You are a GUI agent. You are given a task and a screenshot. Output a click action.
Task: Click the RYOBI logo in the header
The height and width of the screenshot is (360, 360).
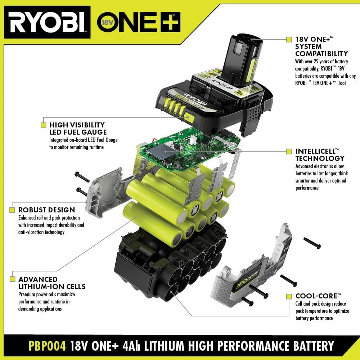tap(47, 22)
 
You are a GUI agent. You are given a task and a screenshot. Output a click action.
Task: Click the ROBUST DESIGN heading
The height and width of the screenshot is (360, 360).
tap(47, 210)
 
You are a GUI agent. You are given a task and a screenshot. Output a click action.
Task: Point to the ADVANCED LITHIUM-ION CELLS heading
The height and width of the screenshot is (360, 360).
tap(52, 283)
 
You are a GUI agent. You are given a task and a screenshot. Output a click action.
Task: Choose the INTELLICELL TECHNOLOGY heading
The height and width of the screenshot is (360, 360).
tap(320, 155)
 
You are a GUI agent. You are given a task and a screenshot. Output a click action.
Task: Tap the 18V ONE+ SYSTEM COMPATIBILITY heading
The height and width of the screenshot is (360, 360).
tap(321, 46)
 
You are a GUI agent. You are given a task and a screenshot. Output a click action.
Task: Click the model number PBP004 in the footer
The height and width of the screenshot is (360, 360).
tap(47, 346)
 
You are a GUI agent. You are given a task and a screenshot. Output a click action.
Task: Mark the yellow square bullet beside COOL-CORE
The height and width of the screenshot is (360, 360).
tap(289, 296)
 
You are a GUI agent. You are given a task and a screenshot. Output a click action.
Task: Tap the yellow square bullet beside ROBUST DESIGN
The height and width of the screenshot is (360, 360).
tap(12, 210)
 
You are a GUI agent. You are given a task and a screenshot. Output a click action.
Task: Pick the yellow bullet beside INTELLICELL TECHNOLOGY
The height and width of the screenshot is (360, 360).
tap(289, 152)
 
